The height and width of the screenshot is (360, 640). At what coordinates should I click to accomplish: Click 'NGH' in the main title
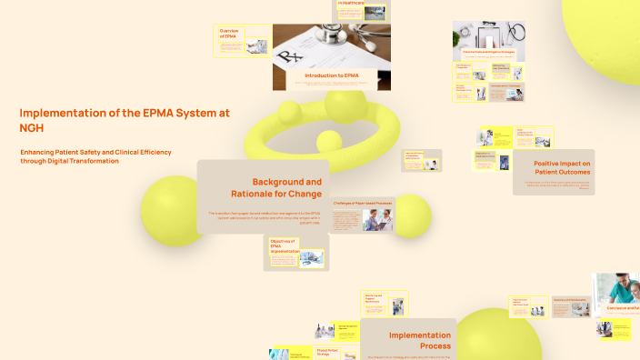coord(32,128)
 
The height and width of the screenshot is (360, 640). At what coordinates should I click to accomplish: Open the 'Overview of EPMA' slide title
coord(228,34)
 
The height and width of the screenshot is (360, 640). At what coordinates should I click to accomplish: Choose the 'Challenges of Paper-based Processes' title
coord(362,203)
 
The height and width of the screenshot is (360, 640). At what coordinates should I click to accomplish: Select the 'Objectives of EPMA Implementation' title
coord(284,246)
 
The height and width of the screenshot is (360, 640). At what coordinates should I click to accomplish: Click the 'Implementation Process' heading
coord(420,340)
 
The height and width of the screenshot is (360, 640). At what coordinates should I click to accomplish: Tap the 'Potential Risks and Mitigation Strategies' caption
coord(489,52)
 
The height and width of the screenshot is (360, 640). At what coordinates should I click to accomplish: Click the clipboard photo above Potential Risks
coord(489,35)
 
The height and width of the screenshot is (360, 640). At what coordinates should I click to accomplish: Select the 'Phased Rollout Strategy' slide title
coord(327,352)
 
